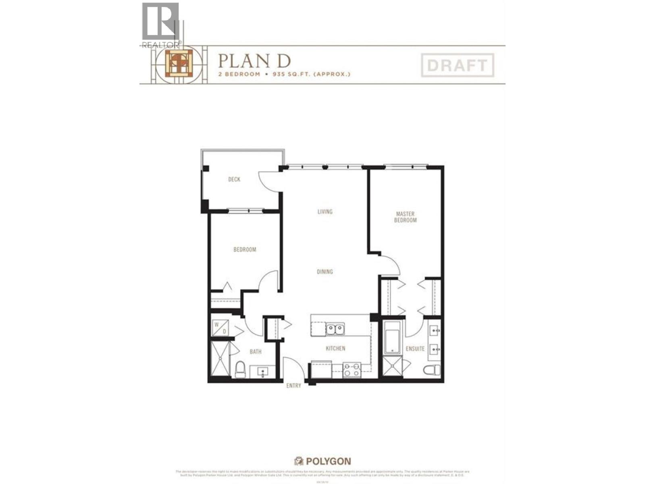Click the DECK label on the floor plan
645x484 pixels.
point(234,179)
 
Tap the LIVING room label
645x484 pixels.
point(325,211)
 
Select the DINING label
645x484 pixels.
point(325,272)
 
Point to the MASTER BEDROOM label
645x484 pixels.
point(406,217)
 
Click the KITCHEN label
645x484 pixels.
point(335,348)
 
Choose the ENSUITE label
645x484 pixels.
point(415,348)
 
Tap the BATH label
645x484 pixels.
point(256,352)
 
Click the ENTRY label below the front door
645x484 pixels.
point(293,386)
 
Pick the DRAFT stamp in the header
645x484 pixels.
point(457,65)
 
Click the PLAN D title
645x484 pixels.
point(254,61)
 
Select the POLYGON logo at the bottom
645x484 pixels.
point(322,461)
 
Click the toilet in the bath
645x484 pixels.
point(241,369)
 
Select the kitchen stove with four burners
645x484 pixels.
point(352,370)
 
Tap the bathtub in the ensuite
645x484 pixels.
point(391,337)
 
